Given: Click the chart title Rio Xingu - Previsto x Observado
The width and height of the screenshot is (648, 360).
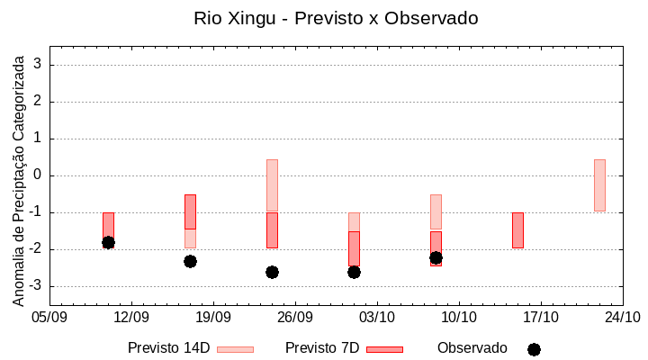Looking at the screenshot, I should (x=336, y=18).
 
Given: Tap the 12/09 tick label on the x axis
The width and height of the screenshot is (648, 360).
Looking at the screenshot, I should (x=131, y=317).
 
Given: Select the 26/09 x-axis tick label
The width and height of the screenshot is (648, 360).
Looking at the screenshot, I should (x=295, y=317).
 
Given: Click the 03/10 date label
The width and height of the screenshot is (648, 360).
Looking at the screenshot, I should (x=377, y=317).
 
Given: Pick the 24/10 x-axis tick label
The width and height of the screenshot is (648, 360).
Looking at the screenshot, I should (x=622, y=317).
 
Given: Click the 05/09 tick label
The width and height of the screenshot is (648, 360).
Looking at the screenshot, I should (x=49, y=317).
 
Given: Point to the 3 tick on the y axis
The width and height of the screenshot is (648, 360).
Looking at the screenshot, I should (x=39, y=65).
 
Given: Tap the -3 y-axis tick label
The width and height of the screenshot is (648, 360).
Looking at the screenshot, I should (x=36, y=286).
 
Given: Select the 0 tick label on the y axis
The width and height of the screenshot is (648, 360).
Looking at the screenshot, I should (x=39, y=175).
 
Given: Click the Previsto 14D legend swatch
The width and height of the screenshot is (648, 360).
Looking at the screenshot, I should (x=235, y=349).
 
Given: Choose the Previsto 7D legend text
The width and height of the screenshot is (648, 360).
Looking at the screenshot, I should (x=322, y=348).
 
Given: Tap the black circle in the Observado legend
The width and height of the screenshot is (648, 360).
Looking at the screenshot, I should (x=534, y=349).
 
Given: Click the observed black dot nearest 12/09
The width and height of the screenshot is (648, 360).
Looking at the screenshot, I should (x=108, y=242).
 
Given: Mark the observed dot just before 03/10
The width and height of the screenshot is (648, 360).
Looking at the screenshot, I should (x=354, y=272).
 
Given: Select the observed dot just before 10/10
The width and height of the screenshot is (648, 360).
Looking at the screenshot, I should (x=436, y=257).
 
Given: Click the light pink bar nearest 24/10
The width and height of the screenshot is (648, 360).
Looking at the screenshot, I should (x=599, y=185).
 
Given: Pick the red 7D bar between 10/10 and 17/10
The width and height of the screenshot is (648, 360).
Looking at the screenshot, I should (x=517, y=230).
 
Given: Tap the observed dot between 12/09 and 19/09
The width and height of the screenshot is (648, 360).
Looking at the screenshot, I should (x=190, y=261).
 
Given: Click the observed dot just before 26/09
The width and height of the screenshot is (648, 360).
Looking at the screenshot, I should (x=272, y=272).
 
